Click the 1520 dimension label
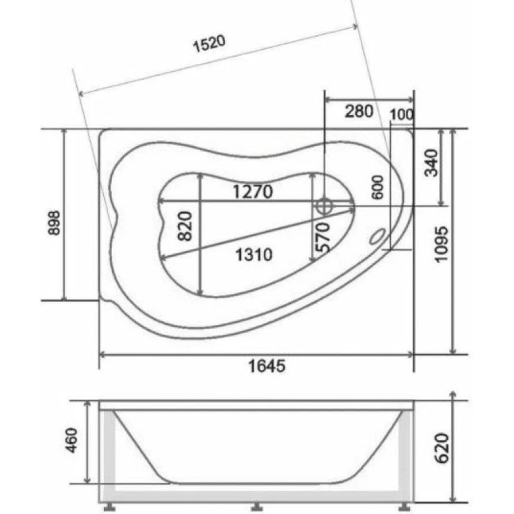click(x=209, y=44)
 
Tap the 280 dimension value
click(x=359, y=111)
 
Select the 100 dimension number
click(x=402, y=114)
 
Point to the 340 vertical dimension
click(x=431, y=163)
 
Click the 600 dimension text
click(x=378, y=187)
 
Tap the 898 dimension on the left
click(x=55, y=223)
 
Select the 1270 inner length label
click(x=253, y=191)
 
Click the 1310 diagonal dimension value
click(x=254, y=254)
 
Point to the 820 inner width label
click(x=184, y=226)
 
